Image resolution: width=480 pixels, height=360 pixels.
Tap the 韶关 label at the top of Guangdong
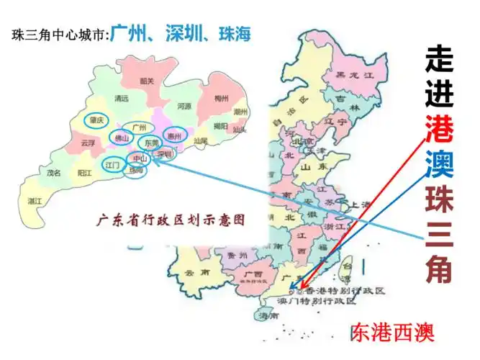148,81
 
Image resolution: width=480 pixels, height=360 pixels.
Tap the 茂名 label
54,174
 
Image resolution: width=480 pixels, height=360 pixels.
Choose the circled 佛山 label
119,138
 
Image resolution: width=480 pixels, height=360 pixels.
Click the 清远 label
121,99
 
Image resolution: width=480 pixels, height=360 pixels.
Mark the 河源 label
184,107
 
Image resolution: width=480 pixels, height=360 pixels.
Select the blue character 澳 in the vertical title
439,165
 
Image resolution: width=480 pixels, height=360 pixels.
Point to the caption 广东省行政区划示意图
171,219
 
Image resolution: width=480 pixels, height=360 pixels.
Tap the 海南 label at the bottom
268,315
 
